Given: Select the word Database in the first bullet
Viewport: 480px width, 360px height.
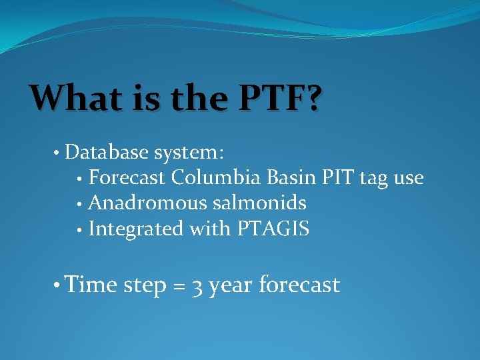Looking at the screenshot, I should [107, 153].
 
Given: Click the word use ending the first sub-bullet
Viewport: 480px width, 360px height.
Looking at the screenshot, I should [409, 179].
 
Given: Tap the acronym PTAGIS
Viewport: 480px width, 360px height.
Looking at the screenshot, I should [273, 229].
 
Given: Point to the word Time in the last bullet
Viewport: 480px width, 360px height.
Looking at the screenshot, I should [91, 285].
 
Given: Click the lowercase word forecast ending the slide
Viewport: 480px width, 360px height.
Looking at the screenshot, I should [299, 285].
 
